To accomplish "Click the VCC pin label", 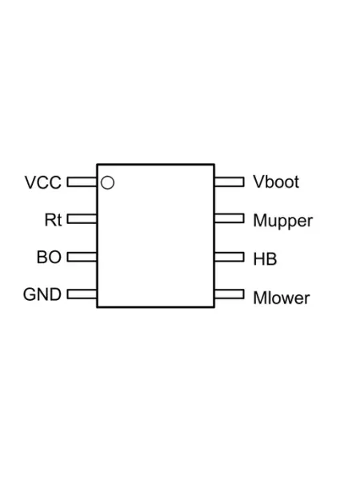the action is click(43, 182).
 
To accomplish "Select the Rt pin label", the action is click(53, 220).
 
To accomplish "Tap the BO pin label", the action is click(49, 257).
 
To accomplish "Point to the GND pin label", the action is click(42, 294).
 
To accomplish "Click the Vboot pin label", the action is click(276, 182).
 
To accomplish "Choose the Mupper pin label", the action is click(283, 222).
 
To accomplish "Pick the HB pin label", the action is click(265, 259).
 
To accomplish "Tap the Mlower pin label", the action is click(282, 298).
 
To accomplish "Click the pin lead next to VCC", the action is click(82, 182).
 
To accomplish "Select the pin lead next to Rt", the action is click(82, 219).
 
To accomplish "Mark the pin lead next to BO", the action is click(82, 257).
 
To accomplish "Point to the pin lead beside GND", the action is click(82, 294).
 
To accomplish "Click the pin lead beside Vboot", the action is click(230, 182).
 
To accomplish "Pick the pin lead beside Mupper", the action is click(230, 219).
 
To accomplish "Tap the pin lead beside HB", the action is click(230, 257).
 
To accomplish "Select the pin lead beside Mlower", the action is click(230, 294).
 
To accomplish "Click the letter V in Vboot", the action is click(258, 182).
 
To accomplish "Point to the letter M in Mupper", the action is click(260, 221).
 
